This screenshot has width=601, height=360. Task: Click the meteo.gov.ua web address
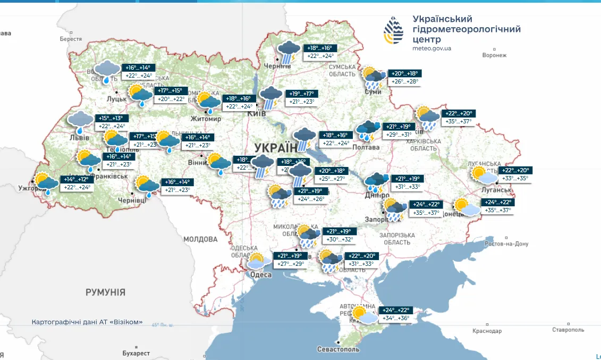click(x=431, y=48)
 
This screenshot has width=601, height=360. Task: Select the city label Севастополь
click(x=338, y=349)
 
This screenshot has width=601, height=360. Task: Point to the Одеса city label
click(x=260, y=274)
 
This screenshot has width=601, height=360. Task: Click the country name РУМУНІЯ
click(x=105, y=292)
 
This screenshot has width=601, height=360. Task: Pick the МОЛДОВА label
click(x=200, y=239)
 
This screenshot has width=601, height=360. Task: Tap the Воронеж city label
click(x=494, y=55)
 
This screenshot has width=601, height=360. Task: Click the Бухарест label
click(x=136, y=353)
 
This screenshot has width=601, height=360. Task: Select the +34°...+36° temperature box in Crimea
click(x=397, y=319)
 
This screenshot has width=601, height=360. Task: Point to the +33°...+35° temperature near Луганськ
click(x=515, y=179)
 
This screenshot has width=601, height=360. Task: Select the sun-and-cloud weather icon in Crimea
click(x=363, y=315)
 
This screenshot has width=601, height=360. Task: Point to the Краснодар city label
click(x=486, y=331)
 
